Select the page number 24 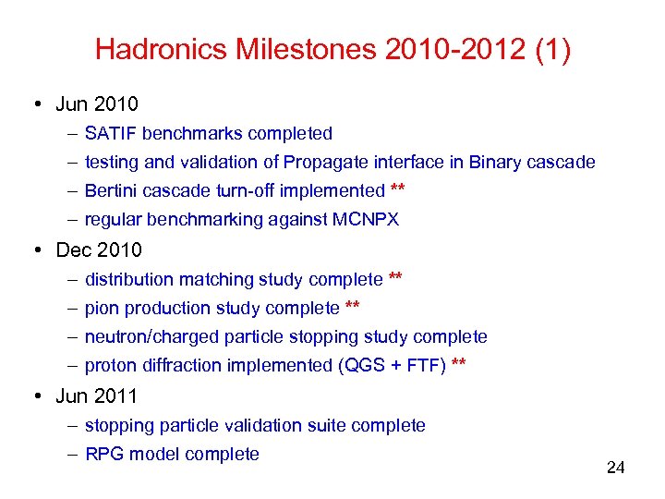615,468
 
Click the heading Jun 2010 97,103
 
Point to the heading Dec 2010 99,249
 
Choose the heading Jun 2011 97,396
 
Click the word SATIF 110,133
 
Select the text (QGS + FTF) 393,366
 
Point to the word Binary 495,163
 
